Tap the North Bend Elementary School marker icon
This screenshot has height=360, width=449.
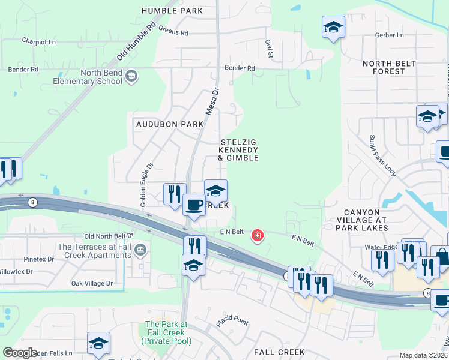[x=132, y=77]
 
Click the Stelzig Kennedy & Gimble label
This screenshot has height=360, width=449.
[x=238, y=150]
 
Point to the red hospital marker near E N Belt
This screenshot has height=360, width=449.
[x=258, y=236]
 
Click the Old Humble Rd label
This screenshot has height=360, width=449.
[x=137, y=41]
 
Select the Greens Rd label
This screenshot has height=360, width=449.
[x=173, y=32]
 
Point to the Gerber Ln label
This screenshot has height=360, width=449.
[x=389, y=35]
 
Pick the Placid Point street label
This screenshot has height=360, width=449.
[x=232, y=320]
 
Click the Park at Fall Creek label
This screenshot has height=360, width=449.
[x=166, y=332]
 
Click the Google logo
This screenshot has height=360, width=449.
[x=20, y=353]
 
